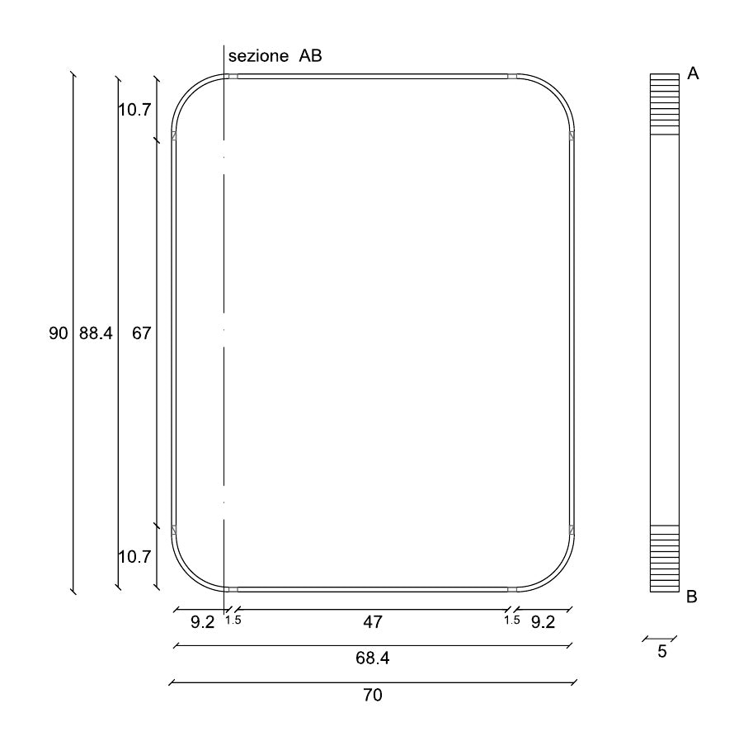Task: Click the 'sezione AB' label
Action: [x=275, y=56]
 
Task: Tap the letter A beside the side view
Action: [x=693, y=73]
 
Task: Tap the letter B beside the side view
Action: [x=691, y=597]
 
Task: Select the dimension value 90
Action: [x=59, y=333]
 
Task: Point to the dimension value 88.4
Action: [x=96, y=333]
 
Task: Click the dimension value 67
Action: [x=141, y=333]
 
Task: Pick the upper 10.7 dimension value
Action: [x=134, y=110]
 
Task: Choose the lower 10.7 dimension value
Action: [x=134, y=557]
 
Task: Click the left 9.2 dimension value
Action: [x=203, y=622]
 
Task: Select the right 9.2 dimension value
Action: [x=543, y=622]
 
